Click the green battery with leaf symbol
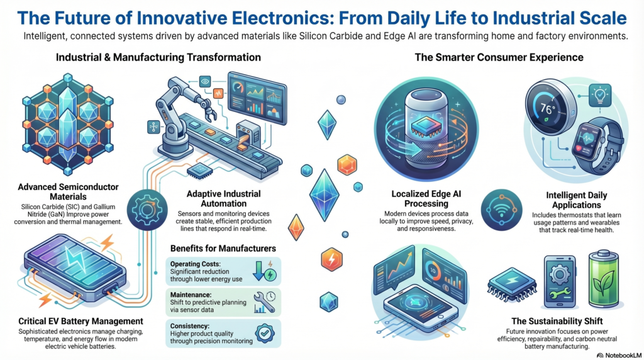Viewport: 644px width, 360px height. [602, 278]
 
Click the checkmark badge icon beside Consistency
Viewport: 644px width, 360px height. [264, 332]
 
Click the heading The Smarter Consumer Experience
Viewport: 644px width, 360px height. [499, 57]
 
